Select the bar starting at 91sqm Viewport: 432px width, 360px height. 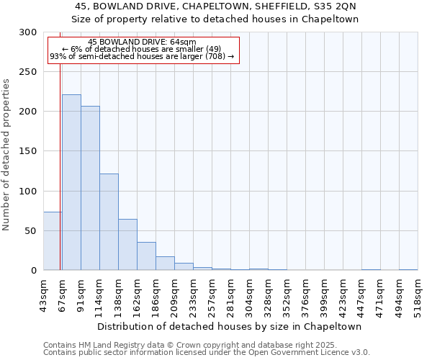pos(90,188)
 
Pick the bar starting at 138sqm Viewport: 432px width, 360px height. pos(127,245)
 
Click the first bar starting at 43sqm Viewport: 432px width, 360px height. pos(53,241)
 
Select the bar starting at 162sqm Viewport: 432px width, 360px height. pos(146,256)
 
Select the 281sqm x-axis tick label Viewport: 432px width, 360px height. pos(230,295)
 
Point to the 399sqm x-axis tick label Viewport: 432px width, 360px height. pos(324,295)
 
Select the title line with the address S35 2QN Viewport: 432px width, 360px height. pos(216,6)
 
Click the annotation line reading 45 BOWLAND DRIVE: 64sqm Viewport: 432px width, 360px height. pos(142,42)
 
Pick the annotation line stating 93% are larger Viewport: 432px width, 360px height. pos(142,57)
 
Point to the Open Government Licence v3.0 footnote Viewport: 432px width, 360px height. pos(206,353)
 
